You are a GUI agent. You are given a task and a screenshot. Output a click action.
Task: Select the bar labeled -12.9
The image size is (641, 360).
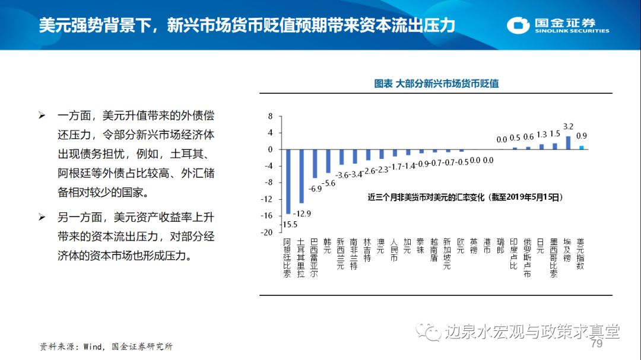(301, 176)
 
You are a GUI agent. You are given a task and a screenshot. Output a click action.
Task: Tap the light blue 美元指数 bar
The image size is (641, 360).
(582, 147)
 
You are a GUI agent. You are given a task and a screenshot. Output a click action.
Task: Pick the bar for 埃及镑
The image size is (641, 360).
(568, 143)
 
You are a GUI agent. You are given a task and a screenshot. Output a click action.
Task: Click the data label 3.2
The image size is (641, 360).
(568, 126)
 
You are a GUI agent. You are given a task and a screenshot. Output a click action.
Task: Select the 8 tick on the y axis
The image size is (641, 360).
(270, 116)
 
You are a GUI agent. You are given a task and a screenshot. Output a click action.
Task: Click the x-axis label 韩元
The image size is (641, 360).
(328, 245)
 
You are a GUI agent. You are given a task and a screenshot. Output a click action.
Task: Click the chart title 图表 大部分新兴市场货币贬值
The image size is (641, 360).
(436, 84)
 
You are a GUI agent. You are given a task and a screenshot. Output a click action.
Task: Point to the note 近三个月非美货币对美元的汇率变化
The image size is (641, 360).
(464, 197)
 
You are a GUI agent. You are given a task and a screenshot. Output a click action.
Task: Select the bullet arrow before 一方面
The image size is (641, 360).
(42, 115)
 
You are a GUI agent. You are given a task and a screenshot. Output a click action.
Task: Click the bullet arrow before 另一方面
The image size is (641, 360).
(42, 218)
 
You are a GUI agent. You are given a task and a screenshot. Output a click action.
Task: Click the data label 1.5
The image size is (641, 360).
(555, 134)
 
